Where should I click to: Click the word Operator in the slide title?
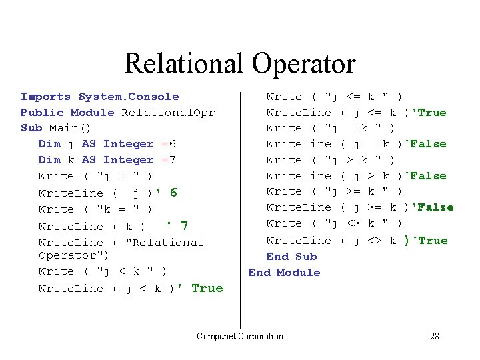coord(303,64)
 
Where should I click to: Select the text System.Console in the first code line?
coord(129,97)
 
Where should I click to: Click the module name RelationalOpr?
coord(168,113)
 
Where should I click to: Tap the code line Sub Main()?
coord(56,128)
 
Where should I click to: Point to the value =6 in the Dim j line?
coord(168,144)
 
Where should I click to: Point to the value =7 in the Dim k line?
coord(168,160)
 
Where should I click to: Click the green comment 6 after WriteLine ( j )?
coord(173,193)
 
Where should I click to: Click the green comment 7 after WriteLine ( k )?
coord(184,226)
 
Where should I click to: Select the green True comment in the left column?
coord(207,288)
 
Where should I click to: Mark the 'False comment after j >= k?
coord(433,207)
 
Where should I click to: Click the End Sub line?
coord(291,257)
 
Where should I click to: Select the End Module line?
coord(284,273)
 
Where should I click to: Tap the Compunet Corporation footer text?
coord(240,336)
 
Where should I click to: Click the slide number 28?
coord(435,336)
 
